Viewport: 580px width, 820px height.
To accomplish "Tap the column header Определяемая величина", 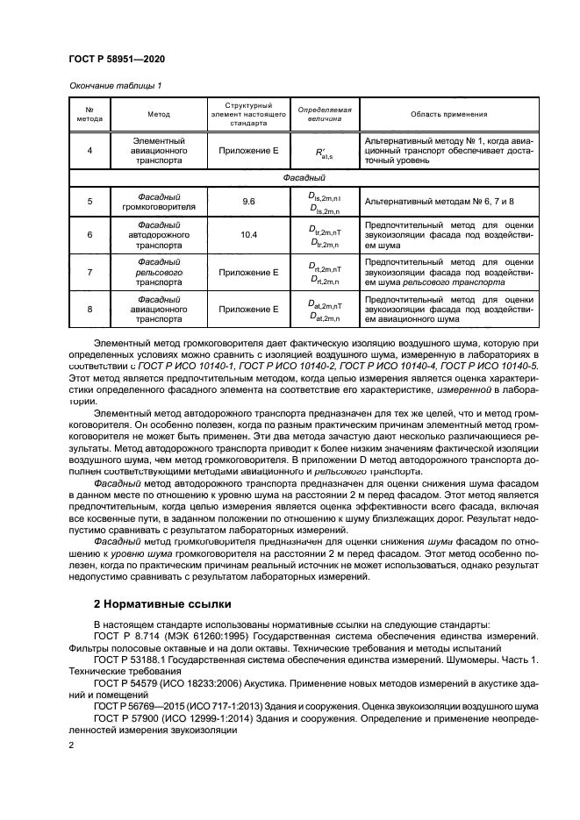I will point(325,115).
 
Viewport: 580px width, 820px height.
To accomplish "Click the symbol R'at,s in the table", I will point(325,152).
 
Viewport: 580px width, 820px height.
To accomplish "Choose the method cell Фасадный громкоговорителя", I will point(159,201).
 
